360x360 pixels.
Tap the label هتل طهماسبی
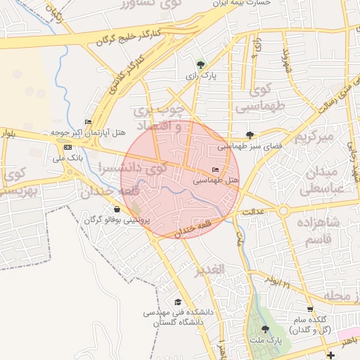[217, 181]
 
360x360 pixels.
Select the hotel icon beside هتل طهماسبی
[215, 170]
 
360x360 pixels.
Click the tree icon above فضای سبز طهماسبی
[250, 134]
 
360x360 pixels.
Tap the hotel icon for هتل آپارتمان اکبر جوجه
[88, 122]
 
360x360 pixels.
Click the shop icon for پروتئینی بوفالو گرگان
[117, 209]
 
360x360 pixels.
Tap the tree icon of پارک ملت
[264, 329]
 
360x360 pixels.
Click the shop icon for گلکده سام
[310, 309]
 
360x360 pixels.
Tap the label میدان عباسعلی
[322, 181]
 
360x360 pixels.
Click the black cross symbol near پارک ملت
[330, 356]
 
